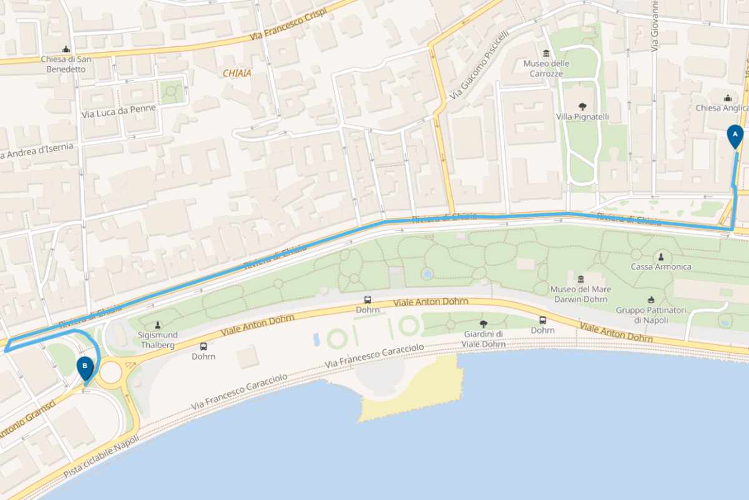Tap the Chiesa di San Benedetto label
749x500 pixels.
pyautogui.click(x=66, y=64)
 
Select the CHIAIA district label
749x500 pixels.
pyautogui.click(x=237, y=74)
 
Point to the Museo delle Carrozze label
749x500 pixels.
pyautogui.click(x=546, y=69)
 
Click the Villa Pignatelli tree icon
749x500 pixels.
pyautogui.click(x=583, y=106)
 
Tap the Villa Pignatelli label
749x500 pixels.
pyautogui.click(x=583, y=117)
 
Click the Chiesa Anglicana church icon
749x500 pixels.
pyautogui.click(x=728, y=98)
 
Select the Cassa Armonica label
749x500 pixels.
pyautogui.click(x=661, y=267)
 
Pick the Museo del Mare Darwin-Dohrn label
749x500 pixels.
pyautogui.click(x=580, y=294)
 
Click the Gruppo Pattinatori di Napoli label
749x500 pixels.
pyautogui.click(x=651, y=315)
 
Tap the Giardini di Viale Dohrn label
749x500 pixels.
pyautogui.click(x=484, y=339)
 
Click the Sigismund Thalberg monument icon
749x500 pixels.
pyautogui.click(x=158, y=324)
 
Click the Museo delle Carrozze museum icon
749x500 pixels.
pyautogui.click(x=546, y=52)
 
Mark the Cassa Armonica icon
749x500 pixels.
pyautogui.click(x=661, y=256)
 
